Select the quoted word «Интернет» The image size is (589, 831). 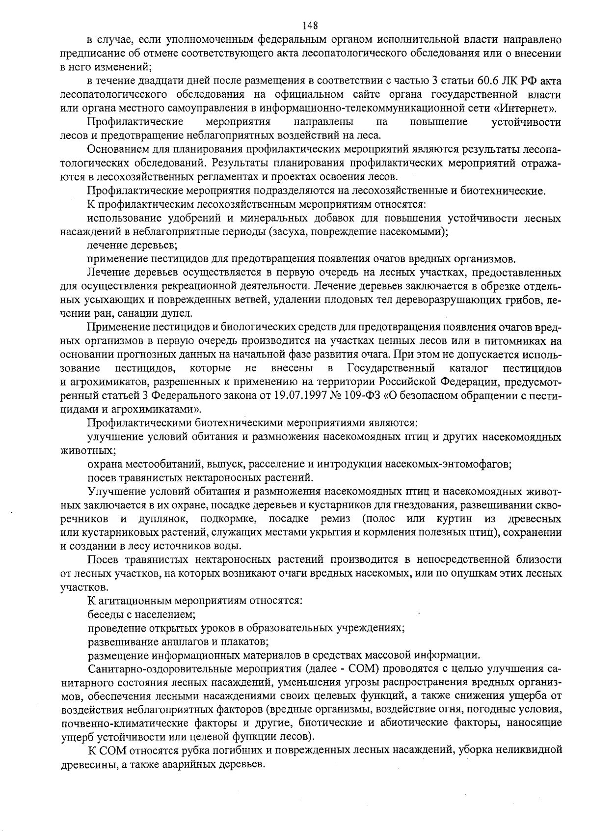(534, 108)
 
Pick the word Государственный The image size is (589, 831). (391, 368)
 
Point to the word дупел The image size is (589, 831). (178, 313)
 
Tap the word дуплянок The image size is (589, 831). (159, 519)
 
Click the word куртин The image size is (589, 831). (454, 519)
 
